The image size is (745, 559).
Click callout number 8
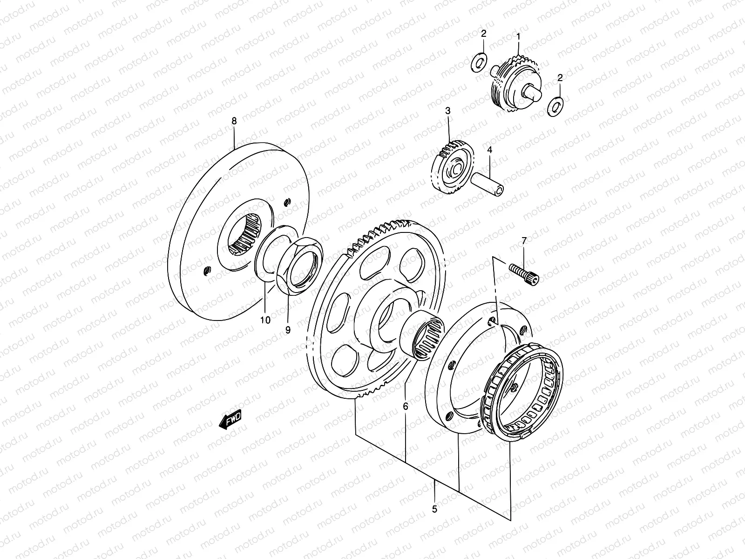click(234, 121)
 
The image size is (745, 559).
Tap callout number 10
click(265, 320)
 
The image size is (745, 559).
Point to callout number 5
click(434, 509)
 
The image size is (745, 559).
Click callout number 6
click(406, 406)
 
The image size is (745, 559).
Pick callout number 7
click(524, 241)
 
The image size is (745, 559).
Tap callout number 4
click(490, 150)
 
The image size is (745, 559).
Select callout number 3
click(448, 111)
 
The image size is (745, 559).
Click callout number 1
click(518, 36)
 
